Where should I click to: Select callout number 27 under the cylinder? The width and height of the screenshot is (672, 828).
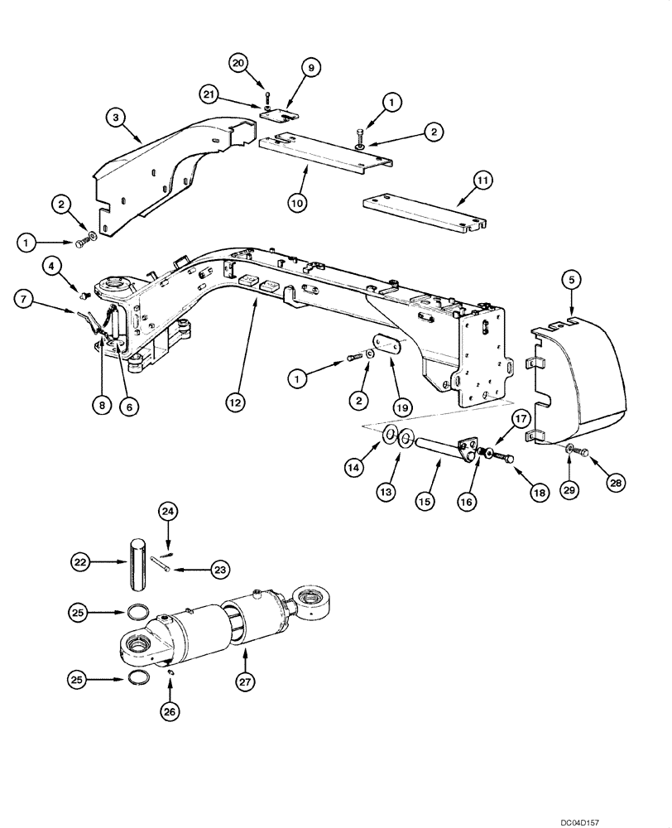point(246,683)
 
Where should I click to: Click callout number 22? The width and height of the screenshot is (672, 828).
point(80,563)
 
